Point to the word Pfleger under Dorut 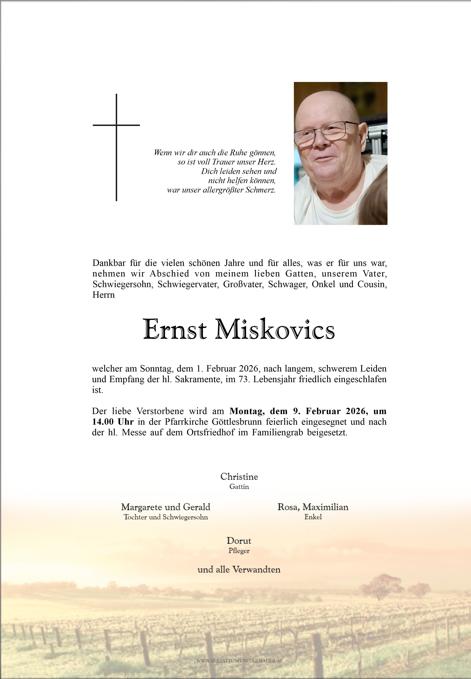(x=239, y=551)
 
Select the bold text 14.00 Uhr (x=113, y=422)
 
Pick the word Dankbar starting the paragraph (x=109, y=263)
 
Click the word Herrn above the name (x=104, y=295)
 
